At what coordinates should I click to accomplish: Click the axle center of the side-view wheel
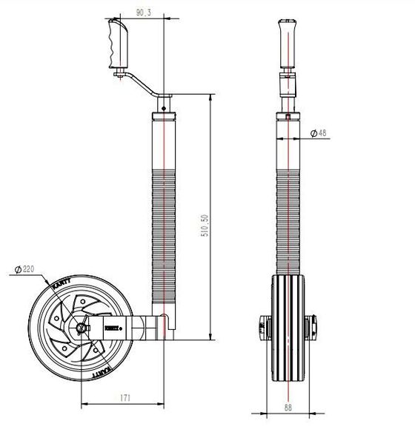point(82,325)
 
